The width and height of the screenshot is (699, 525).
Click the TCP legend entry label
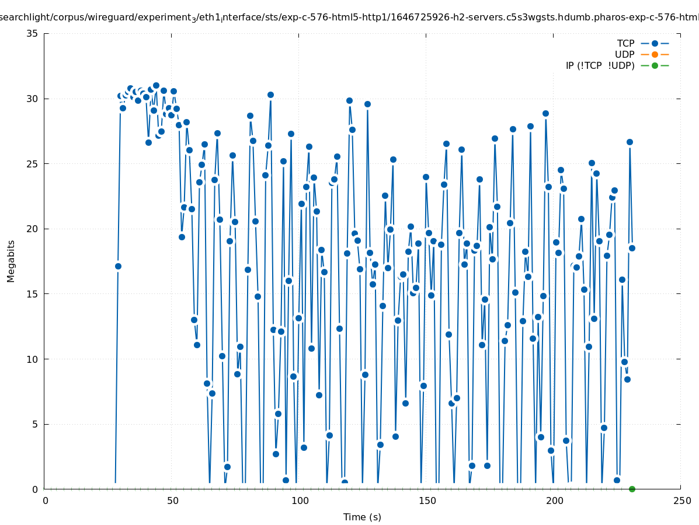tap(625, 43)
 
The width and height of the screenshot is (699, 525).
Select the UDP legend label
tap(624, 54)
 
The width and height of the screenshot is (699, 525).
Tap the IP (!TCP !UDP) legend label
tap(600, 65)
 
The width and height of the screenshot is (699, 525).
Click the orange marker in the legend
tap(655, 54)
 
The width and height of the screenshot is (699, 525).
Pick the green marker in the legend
tap(655, 65)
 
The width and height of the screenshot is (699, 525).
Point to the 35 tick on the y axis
tap(33, 33)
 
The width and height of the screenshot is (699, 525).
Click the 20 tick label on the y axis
tap(33, 229)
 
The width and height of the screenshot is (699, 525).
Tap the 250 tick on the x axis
tap(681, 501)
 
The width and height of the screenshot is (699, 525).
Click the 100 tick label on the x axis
tap(300, 501)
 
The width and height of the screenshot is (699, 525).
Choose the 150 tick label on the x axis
tap(427, 501)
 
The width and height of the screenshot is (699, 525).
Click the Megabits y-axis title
tap(11, 261)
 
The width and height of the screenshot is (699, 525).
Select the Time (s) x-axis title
tap(362, 517)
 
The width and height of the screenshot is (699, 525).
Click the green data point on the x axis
tap(632, 489)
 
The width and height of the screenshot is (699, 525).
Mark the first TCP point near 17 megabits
tap(118, 266)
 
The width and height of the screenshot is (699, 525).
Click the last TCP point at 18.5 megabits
tap(632, 248)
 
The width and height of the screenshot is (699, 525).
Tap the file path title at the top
tap(349, 17)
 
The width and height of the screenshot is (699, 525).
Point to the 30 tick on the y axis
tap(33, 99)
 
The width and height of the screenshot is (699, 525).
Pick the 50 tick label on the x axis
tap(172, 501)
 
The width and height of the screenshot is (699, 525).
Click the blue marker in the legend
tap(655, 43)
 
